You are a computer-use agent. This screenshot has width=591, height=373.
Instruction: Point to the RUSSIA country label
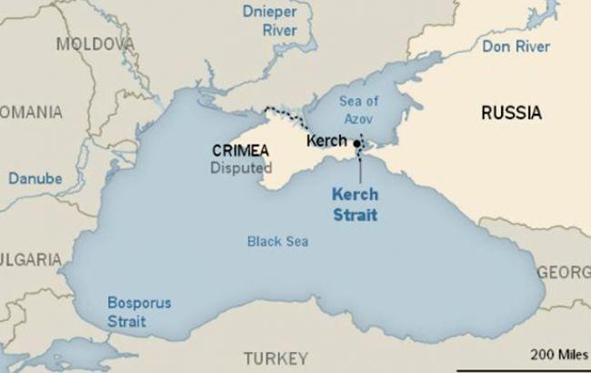tap(512, 114)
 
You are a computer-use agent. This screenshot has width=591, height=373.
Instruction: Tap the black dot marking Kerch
tap(358, 144)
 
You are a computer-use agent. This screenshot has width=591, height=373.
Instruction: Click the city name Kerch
tap(327, 141)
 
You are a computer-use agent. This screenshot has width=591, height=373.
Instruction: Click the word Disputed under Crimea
tap(241, 167)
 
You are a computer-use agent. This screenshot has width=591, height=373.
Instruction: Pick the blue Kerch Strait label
tap(355, 205)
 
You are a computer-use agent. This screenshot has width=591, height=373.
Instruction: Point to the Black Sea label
tap(277, 241)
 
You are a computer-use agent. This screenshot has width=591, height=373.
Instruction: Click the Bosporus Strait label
tap(138, 311)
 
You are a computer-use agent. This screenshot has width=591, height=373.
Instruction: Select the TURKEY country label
tap(275, 357)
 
